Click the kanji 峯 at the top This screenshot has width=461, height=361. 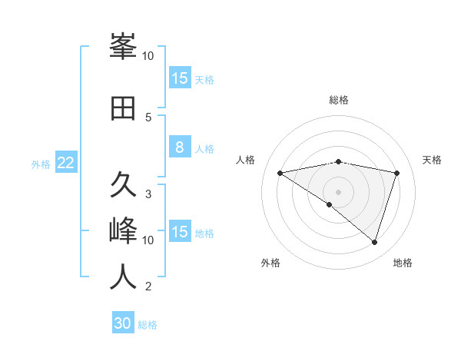[x=123, y=48]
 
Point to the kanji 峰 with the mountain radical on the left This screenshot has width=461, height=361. [x=123, y=231]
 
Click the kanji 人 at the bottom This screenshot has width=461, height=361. [x=123, y=277]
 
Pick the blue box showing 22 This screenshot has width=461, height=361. [x=66, y=163]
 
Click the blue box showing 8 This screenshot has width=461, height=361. [x=179, y=147]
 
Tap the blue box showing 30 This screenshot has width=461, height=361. [x=123, y=323]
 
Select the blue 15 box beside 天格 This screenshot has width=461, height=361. [x=179, y=78]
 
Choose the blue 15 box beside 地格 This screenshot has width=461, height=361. [x=179, y=232]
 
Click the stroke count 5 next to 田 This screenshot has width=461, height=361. [x=149, y=117]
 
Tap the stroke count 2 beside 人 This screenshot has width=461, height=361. [x=148, y=286]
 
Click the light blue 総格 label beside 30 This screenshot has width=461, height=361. [x=148, y=325]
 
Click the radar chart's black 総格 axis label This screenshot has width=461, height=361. [x=338, y=100]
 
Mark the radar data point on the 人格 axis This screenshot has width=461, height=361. [x=280, y=173]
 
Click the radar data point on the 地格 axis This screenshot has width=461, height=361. [x=374, y=242]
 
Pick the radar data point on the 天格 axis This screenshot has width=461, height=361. [x=396, y=173]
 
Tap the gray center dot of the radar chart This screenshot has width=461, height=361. [x=338, y=191]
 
